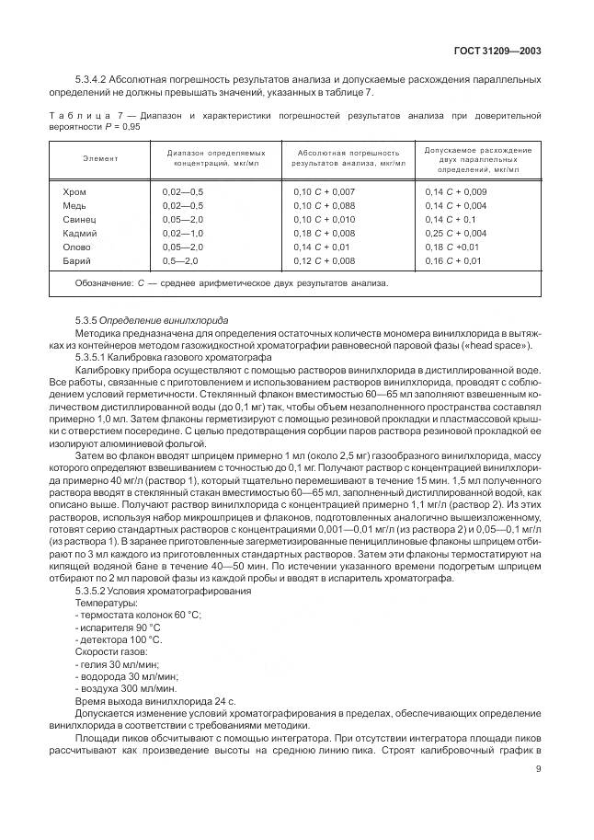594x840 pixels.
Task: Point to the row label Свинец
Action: coord(78,220)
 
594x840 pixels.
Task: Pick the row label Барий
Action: coord(75,261)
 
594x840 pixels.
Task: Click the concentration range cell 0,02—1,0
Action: coord(182,234)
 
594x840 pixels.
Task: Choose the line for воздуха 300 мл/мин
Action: coord(126,687)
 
